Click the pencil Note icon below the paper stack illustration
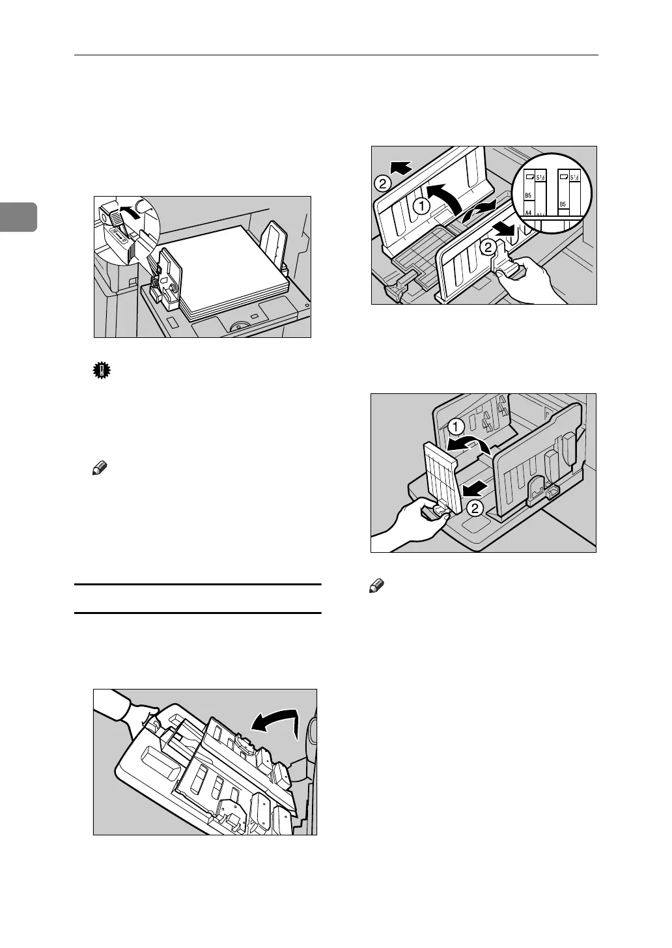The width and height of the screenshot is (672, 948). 99,468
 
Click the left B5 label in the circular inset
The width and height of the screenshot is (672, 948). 529,194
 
